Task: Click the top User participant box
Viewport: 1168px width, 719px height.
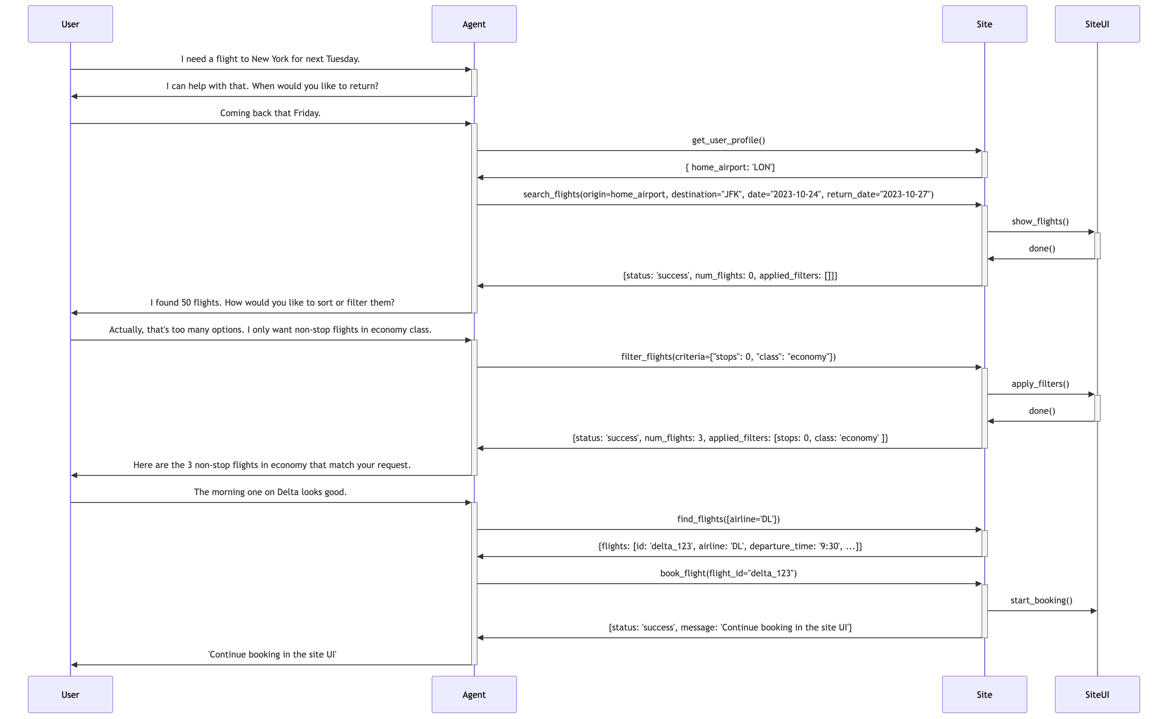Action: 70,24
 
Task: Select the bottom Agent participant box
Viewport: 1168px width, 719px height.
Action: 474,694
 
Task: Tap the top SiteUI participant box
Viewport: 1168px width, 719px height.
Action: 1097,24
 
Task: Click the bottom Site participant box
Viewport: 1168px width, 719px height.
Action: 984,694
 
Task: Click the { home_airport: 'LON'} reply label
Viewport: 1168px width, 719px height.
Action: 730,167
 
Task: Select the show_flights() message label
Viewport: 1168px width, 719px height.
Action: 1040,222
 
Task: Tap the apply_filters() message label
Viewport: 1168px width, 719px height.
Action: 1040,384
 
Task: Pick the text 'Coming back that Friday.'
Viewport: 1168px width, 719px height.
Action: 270,113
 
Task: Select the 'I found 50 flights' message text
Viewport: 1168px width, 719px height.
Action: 272,303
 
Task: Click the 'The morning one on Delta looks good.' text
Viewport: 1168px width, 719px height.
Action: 270,492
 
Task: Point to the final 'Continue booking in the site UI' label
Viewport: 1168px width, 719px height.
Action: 272,654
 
